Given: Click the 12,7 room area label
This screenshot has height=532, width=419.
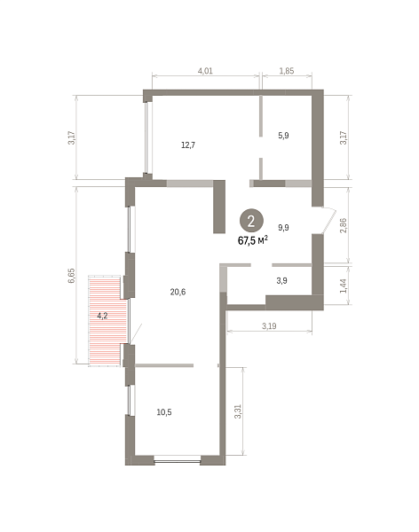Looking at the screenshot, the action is coord(188,145).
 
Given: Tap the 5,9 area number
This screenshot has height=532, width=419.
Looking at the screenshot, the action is coord(283,136).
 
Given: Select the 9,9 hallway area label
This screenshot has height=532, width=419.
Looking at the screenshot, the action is coord(283,227).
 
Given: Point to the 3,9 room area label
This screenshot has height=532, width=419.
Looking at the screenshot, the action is coord(281,280).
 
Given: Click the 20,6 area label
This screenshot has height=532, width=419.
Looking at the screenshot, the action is coord(178,292).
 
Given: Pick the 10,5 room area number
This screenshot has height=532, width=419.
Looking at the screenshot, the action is coord(164,412).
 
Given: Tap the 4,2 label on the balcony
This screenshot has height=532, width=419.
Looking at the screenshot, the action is coord(102,316).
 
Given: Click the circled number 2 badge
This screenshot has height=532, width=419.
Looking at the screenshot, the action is coord(251,221).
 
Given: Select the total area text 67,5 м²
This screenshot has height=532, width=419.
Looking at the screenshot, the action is coord(253,240).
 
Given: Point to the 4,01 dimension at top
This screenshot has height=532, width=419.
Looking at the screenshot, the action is coord(205,71).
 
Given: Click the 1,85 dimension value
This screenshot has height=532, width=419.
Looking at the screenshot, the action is coord(287,71).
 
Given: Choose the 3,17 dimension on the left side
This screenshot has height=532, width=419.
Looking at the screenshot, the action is coord(71,137).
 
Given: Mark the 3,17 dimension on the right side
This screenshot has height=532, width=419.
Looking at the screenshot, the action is coord(344,137).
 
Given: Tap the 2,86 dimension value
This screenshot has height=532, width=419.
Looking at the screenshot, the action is coord(344,225).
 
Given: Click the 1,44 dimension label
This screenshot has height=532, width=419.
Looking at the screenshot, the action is coord(343,286).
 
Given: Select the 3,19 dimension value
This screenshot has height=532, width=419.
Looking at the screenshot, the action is coord(269,326).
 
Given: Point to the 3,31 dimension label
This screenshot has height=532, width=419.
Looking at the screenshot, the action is coord(238,411).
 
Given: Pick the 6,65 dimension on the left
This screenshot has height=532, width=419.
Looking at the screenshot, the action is coord(71,276).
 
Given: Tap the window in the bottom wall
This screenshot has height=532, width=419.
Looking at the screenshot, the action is coord(178,460).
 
